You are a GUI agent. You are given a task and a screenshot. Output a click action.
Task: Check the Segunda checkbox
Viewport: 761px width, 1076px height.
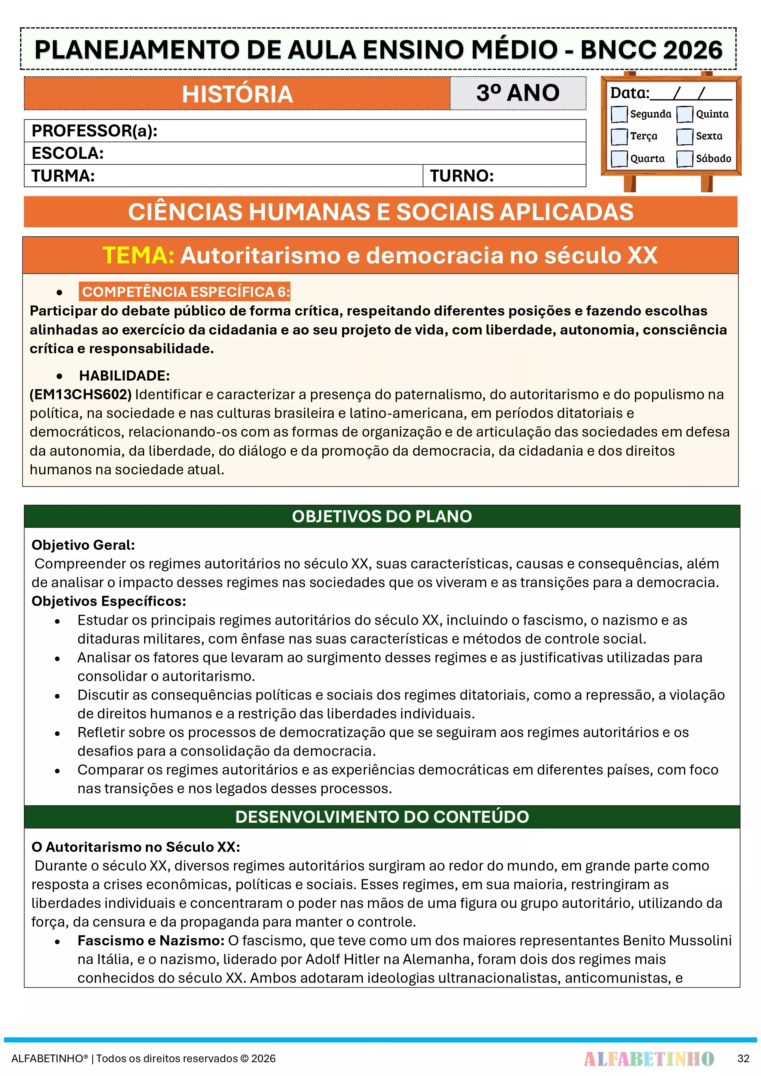tap(619, 114)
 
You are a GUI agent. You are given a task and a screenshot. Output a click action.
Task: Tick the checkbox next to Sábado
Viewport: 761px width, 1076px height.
tap(685, 159)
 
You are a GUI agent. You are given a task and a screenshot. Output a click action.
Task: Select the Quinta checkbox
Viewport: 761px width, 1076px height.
tap(685, 114)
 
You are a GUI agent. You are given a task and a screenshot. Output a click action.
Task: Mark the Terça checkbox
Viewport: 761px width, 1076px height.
tap(619, 136)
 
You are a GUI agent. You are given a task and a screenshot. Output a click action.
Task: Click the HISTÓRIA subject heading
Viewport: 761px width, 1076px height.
tap(237, 94)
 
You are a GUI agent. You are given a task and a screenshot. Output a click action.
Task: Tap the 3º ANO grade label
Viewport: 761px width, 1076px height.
tap(518, 93)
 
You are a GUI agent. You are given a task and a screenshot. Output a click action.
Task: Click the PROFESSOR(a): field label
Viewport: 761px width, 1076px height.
tap(94, 131)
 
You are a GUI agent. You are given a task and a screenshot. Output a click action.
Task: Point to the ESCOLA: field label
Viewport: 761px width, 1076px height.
tap(67, 153)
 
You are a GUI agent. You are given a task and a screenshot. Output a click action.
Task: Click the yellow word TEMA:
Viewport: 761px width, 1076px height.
tap(138, 255)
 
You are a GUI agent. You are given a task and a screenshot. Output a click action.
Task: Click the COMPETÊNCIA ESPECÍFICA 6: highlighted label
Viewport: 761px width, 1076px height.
tap(185, 292)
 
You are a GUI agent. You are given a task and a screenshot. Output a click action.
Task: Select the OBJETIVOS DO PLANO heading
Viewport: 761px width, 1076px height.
tap(382, 516)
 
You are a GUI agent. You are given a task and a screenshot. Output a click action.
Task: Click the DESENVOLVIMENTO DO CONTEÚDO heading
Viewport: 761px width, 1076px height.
tap(382, 817)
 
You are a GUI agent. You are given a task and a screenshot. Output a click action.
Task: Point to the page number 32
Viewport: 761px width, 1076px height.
tap(743, 1058)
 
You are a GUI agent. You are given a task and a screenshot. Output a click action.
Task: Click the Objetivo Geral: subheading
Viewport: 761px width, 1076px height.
tap(83, 545)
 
